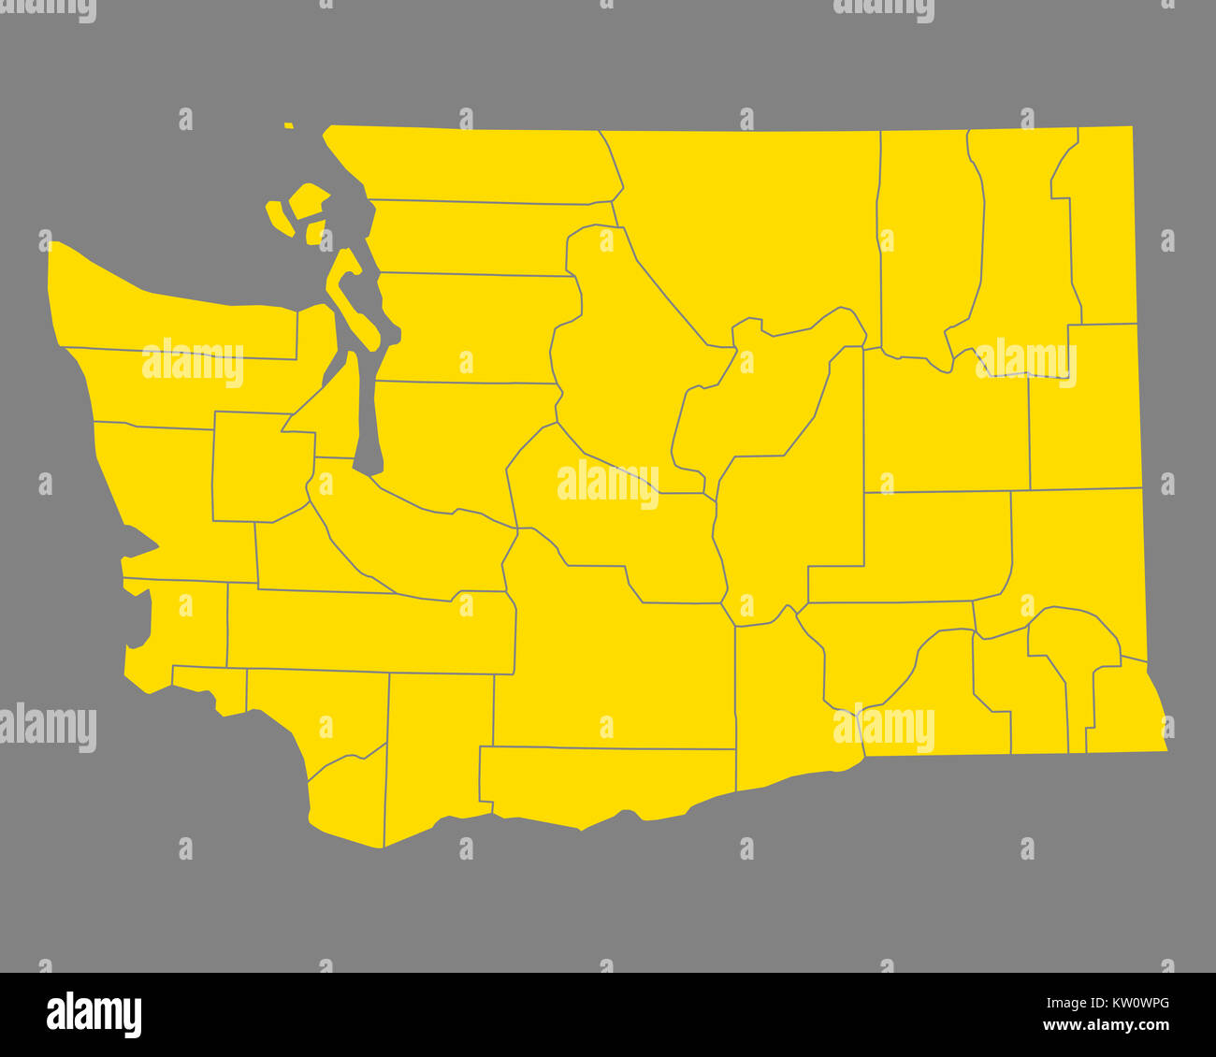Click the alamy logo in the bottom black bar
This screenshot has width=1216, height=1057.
pos(94,1015)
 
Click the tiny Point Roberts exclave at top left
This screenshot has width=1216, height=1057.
pos(289,124)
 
